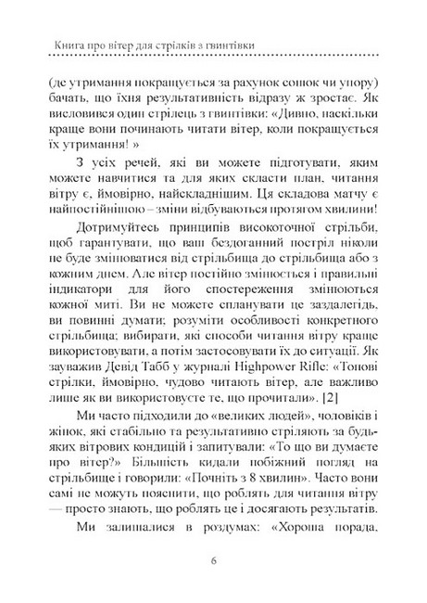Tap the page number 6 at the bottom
click(213, 559)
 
